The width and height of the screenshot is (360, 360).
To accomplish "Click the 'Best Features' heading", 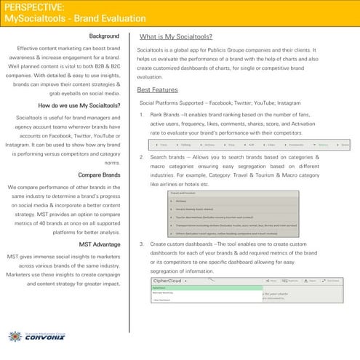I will coord(156,89).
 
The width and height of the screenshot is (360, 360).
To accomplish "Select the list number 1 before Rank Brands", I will coord(140,115).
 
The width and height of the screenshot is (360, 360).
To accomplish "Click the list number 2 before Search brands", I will coord(140,157).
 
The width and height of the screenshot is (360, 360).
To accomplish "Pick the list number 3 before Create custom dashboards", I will coord(140,244).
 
